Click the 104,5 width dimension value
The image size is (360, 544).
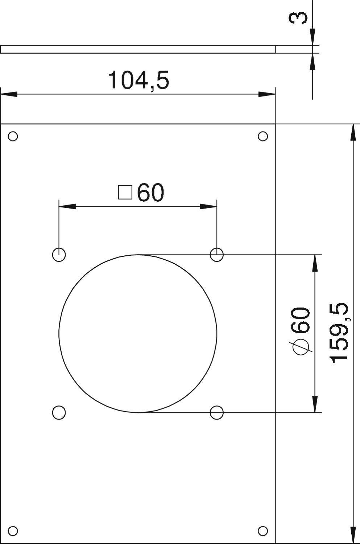tap(138, 80)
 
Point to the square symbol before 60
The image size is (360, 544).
tap(125, 192)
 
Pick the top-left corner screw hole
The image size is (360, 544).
tap(13, 136)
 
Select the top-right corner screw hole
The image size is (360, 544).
tap(263, 136)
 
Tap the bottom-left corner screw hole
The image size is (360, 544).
tap(13, 531)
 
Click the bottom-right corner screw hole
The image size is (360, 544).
tap(263, 531)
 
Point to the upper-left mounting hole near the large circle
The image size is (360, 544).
tap(59, 255)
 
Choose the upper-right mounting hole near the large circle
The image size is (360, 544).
tap(217, 255)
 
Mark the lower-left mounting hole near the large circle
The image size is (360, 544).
tap(59, 412)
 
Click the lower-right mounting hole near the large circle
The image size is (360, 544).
tap(217, 412)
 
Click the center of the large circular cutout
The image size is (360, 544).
tap(138, 334)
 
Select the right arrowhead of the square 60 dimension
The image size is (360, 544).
tap(209, 207)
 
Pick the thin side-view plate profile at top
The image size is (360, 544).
tap(138, 49)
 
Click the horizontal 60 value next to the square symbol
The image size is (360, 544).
tap(150, 193)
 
